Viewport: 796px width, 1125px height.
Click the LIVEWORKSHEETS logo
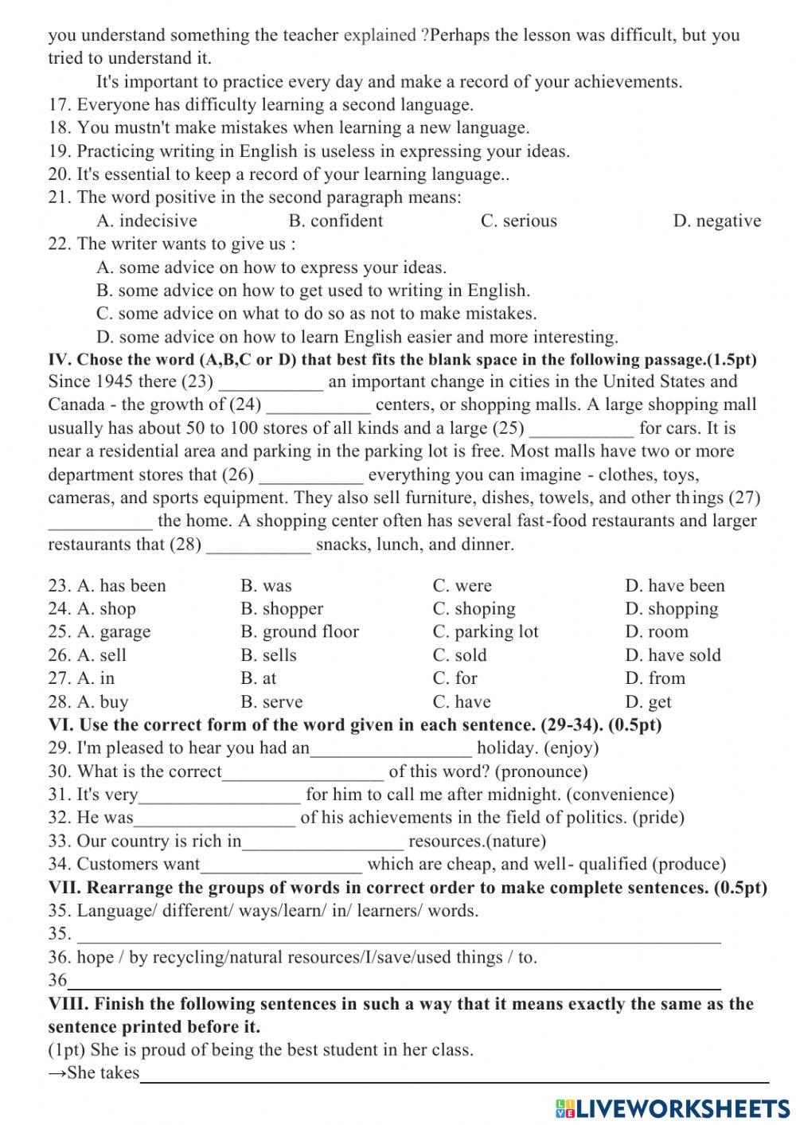click(673, 1107)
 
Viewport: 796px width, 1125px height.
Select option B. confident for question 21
click(335, 221)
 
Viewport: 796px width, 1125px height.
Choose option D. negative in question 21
click(716, 221)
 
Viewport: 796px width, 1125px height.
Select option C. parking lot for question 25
click(486, 632)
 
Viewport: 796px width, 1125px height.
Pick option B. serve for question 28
click(271, 702)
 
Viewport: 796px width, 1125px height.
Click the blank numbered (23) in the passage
click(271, 383)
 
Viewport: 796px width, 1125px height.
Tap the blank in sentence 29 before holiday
click(392, 748)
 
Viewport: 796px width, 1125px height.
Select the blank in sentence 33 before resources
click(322, 842)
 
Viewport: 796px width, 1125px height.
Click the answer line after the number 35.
click(398, 935)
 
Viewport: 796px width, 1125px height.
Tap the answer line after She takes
click(454, 1074)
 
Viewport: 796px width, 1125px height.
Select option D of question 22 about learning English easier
click(357, 337)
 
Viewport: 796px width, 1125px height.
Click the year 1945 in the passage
click(116, 382)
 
